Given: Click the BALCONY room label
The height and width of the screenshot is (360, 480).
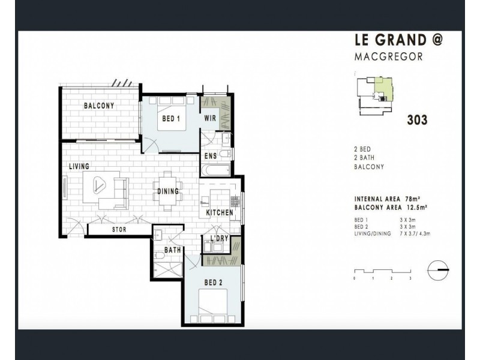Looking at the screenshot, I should tap(99, 106).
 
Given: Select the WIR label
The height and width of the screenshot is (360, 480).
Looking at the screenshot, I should tap(210, 119).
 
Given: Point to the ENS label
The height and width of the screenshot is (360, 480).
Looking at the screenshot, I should tap(210, 157).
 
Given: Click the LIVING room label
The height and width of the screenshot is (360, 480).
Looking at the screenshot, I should tap(79, 166).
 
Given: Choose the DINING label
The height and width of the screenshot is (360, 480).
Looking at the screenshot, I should tap(168, 192).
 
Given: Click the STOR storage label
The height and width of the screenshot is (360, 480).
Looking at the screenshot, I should tap(118, 229).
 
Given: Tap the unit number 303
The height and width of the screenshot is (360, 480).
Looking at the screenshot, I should tap(417, 120).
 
